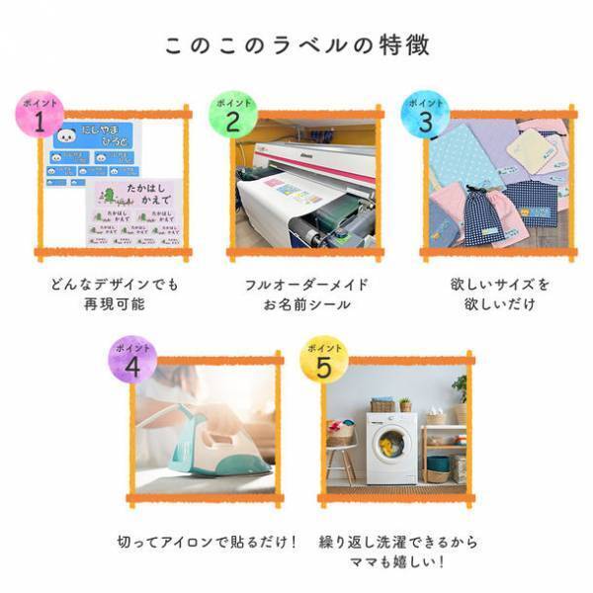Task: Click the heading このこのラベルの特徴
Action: [296, 45]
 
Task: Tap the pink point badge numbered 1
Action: [39, 117]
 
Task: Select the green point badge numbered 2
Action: [232, 117]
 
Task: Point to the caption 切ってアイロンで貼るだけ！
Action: [207, 543]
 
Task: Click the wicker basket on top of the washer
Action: [381, 405]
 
